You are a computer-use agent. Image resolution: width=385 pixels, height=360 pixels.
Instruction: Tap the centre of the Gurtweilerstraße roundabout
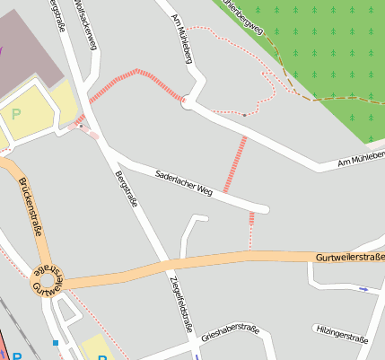point(48,280)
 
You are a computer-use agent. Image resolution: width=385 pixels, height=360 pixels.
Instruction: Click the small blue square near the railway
point(56,342)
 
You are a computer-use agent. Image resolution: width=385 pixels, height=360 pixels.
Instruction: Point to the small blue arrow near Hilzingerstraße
point(363,289)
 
